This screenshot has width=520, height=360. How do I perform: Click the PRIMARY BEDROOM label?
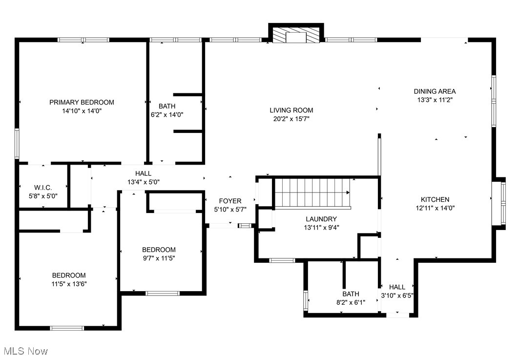coord(82,102)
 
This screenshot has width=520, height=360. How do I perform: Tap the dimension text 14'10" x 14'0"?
coord(82,111)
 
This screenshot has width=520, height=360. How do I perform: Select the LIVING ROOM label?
coord(291,110)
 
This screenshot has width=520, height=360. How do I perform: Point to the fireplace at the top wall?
coord(296,33)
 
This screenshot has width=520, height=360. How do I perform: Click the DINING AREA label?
coord(435,91)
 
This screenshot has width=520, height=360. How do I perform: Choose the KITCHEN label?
coord(435,199)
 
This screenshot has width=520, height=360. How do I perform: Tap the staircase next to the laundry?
coord(312,193)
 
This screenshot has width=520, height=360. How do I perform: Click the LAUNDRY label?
coord(321,219)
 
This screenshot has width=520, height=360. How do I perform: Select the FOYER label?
coord(230,201)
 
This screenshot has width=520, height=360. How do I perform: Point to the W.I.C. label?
coord(43,188)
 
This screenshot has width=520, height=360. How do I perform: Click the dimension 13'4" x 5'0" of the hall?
coord(144,182)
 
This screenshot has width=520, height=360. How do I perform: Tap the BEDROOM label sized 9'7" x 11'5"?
coord(159,250)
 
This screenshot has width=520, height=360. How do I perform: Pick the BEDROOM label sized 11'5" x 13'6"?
coord(69,275)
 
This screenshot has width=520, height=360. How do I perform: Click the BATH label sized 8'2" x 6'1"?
coord(351,294)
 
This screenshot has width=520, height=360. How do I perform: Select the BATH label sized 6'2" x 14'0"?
coord(167,106)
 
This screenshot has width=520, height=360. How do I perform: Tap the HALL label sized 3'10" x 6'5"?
coord(397,287)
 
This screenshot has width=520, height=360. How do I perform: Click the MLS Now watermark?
coord(26,351)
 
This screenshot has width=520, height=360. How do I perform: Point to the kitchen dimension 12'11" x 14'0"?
coord(435,208)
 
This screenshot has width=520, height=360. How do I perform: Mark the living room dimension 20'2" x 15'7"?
coord(291,119)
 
